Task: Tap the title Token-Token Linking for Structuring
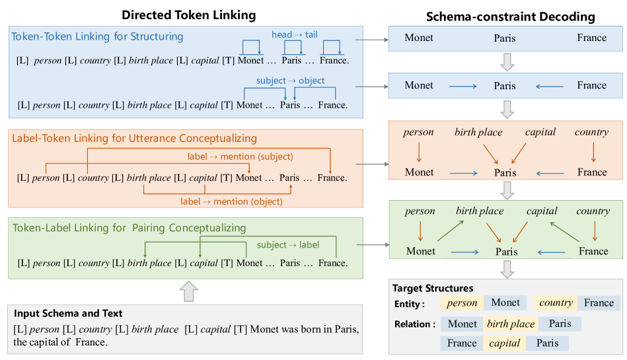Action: tap(97, 36)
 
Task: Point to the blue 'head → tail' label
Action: tap(294, 34)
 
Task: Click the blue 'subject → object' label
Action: tap(291, 81)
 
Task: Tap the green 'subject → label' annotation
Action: tap(288, 245)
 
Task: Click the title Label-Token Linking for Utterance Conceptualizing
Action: tap(134, 139)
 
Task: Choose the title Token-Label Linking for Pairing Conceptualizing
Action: tap(129, 228)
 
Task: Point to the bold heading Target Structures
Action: tap(433, 288)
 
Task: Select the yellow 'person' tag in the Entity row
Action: tap(462, 303)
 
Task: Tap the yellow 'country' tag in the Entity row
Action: tap(556, 303)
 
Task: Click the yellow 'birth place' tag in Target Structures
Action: tap(511, 324)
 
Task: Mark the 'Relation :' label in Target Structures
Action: tap(414, 324)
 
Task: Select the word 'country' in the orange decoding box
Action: tap(591, 132)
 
